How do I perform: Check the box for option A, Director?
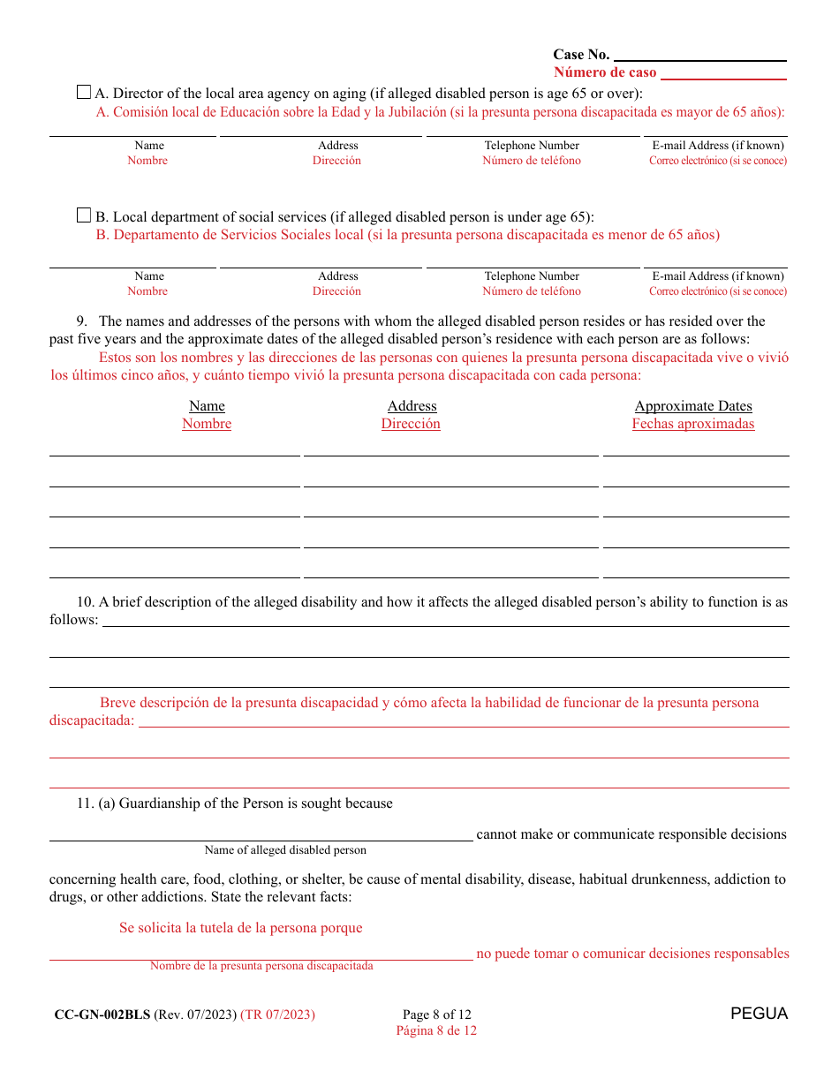(84, 92)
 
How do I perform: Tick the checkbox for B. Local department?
(84, 215)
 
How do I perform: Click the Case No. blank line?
(699, 56)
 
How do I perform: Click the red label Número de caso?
(605, 72)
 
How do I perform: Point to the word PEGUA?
(759, 1014)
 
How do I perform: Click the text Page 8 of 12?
(436, 1014)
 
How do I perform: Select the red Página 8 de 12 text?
(436, 1030)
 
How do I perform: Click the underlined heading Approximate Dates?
(693, 406)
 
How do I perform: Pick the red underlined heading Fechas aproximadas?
(693, 424)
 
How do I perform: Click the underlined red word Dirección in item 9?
(411, 424)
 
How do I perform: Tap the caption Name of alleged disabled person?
(285, 850)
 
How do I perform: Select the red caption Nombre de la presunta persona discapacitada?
(261, 966)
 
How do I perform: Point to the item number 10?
(85, 602)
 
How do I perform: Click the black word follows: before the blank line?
(74, 620)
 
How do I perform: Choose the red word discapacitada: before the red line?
(92, 720)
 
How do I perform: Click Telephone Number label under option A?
(532, 146)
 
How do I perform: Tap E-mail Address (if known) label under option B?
(718, 276)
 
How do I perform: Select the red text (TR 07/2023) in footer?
(277, 1014)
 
